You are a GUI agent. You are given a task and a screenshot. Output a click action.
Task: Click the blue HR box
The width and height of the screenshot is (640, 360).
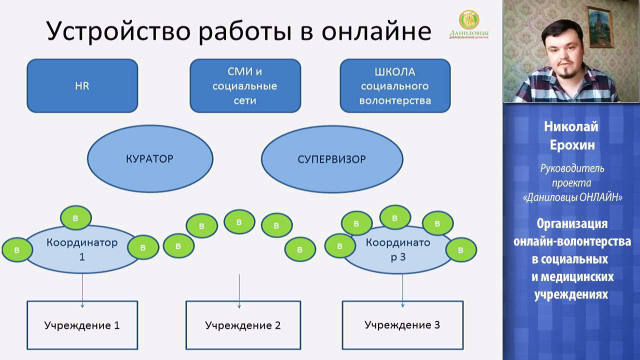82,85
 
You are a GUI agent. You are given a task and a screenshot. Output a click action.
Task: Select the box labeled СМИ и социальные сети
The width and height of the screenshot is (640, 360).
245,85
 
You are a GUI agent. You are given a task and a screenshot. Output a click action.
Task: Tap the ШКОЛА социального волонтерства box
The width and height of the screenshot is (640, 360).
395,85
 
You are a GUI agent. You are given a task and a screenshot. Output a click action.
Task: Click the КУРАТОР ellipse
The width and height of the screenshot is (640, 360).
149,159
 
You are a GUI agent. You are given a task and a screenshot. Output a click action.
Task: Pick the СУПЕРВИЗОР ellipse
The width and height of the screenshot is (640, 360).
332,159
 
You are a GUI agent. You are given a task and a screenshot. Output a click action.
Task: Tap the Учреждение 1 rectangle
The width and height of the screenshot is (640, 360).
82,325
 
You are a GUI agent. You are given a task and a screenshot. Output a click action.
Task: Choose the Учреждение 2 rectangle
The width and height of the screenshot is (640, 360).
243,325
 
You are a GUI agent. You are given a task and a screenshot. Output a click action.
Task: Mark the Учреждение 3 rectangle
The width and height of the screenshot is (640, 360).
402,325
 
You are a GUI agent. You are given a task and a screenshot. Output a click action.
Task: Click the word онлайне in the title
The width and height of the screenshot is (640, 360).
375,31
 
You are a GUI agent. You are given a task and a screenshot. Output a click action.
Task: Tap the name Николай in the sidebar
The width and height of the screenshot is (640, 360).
571,127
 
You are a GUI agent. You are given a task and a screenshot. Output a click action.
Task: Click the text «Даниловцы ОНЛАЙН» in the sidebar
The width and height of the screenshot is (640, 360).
572,197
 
